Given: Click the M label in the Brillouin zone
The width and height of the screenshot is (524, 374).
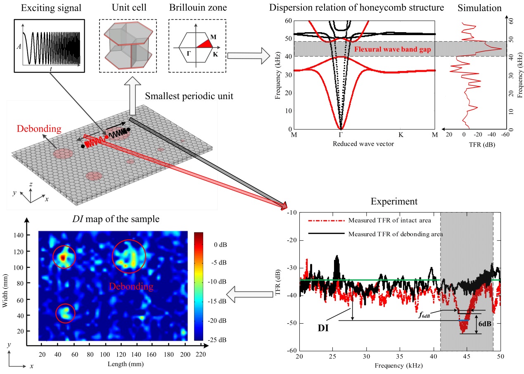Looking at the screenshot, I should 213,37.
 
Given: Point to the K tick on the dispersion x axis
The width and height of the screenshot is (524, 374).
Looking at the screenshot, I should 401,135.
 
